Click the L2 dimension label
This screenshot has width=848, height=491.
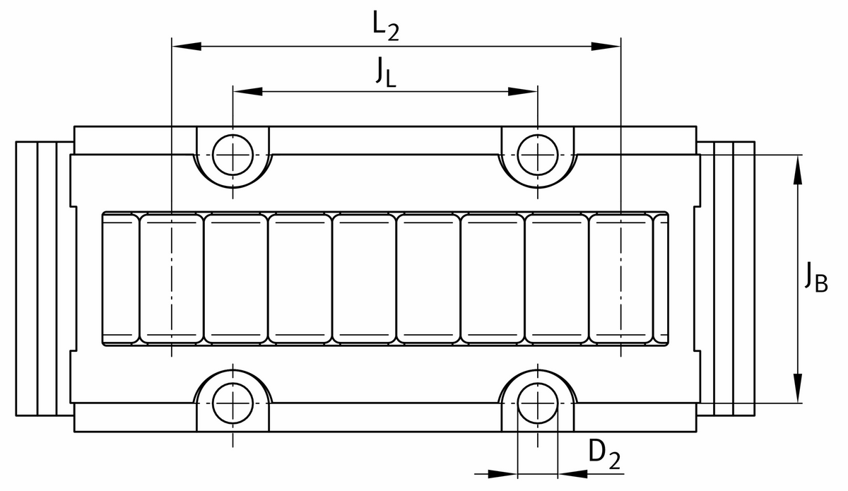click(x=386, y=26)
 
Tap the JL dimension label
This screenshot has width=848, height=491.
click(x=386, y=72)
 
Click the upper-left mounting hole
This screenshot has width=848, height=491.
click(x=233, y=154)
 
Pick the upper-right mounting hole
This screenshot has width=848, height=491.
click(x=538, y=154)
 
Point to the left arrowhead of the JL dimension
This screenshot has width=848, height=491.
click(x=247, y=91)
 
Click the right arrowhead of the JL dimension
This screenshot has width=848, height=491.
click(x=524, y=91)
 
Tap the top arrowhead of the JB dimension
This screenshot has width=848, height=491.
click(x=798, y=170)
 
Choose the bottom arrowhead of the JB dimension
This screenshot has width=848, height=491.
click(x=798, y=389)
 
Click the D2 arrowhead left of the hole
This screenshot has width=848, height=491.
click(x=503, y=473)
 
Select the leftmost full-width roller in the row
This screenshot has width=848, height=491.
click(x=172, y=278)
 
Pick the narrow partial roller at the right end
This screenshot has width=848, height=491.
click(x=661, y=278)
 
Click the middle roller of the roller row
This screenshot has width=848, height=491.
click(x=364, y=278)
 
